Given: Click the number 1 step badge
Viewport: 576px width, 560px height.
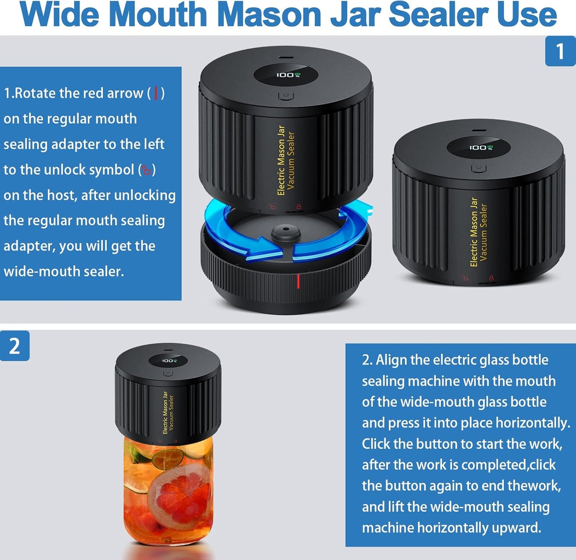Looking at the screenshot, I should point(560,51).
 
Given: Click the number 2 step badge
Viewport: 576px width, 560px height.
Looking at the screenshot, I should point(14,345).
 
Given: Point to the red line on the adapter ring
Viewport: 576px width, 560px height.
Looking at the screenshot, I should point(298,281).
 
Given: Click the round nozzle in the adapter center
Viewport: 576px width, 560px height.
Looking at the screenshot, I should point(286,232).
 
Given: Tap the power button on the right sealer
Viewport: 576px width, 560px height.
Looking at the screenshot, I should point(478,168).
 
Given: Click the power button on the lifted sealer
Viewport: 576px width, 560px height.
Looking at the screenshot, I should point(285,96).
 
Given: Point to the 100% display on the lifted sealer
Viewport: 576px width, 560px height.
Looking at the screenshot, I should point(286,75).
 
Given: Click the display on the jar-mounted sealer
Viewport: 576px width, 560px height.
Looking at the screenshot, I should point(168,361).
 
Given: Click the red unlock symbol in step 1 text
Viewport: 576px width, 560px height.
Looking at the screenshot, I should point(147,170).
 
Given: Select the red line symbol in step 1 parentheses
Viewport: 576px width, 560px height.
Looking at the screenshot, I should point(156,94).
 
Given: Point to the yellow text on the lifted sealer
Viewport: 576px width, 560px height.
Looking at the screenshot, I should point(286,160).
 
